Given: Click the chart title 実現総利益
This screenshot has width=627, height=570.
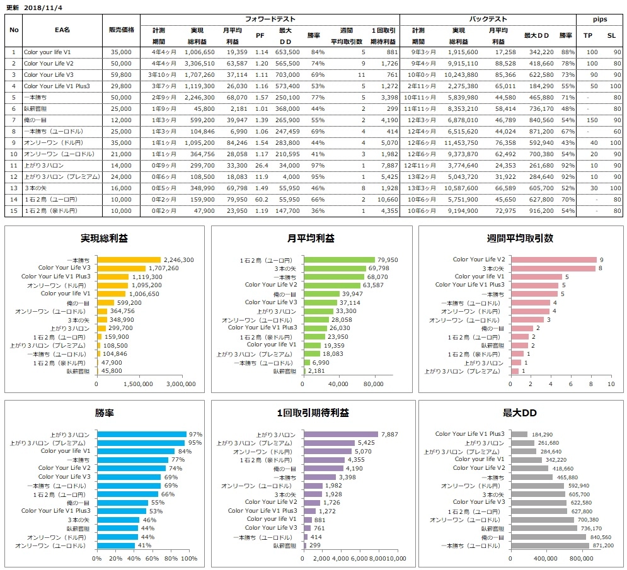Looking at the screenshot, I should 103,239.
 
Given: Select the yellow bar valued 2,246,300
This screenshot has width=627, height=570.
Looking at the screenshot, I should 129,259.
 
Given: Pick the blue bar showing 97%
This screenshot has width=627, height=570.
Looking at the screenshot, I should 141,434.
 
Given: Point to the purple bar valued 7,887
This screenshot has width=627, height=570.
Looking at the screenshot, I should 341,434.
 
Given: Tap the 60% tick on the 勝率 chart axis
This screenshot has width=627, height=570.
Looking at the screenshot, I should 152,558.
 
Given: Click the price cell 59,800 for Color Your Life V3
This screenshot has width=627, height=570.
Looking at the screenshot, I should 120,74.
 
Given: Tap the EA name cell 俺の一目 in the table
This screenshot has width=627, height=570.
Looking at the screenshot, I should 34,120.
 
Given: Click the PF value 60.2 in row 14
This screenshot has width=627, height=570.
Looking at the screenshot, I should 259,199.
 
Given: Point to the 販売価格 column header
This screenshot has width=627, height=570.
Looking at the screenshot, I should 120,30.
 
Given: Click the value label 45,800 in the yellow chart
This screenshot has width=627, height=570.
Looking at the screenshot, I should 110,372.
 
